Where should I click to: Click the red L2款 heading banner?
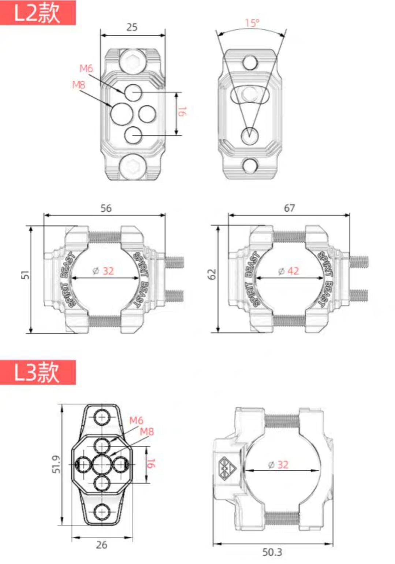(38, 12)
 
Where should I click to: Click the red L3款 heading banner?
(38, 372)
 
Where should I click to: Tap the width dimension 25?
(132, 27)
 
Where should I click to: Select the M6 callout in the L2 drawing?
(86, 68)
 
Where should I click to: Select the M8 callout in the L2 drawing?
(79, 85)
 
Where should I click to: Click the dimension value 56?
(106, 208)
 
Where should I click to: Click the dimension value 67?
(289, 208)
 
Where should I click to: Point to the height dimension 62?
(212, 274)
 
